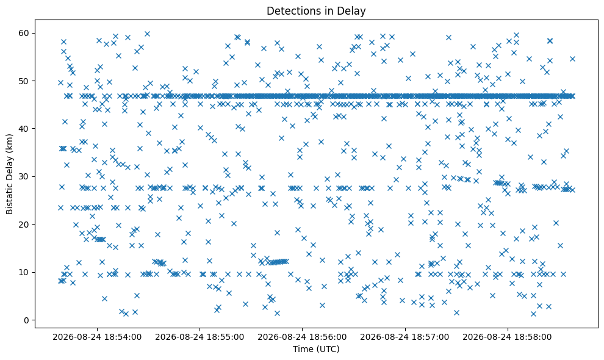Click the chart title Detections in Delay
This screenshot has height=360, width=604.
click(316, 11)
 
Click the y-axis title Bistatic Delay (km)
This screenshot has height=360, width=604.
click(9, 175)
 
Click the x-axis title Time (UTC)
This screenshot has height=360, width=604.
click(316, 349)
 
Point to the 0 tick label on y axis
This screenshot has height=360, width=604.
click(27, 320)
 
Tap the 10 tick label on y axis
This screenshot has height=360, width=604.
click(24, 273)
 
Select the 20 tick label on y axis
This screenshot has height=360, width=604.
click(24, 225)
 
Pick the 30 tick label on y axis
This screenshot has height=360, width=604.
click(24, 176)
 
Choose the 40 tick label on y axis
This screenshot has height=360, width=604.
click(24, 129)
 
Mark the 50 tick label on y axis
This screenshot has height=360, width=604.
click(24, 81)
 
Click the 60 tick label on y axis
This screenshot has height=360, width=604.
click(24, 33)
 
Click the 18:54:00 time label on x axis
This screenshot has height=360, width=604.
click(97, 337)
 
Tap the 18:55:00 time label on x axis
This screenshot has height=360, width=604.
click(200, 337)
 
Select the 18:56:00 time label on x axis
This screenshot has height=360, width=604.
click(302, 337)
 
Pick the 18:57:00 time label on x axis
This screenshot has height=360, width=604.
click(404, 337)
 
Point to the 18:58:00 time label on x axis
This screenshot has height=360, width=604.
click(507, 337)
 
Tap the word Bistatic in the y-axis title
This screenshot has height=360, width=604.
click(9, 200)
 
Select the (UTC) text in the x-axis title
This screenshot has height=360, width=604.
click(329, 349)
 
